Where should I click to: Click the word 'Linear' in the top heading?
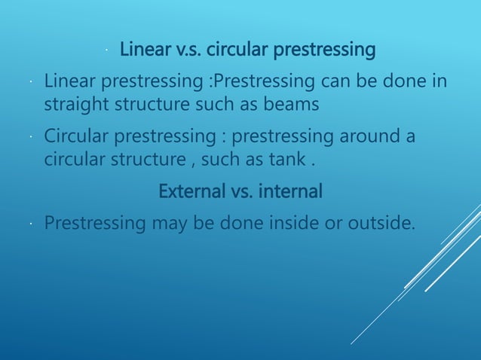click(145, 51)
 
